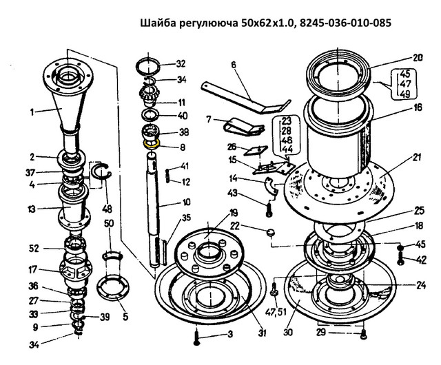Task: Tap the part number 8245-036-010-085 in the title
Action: point(345,23)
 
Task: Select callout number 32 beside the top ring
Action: point(181,64)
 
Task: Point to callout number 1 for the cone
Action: point(32,113)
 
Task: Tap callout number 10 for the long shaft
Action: point(186,202)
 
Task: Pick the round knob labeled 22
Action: point(271,233)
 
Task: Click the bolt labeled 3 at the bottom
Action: point(196,337)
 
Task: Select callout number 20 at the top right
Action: point(418,58)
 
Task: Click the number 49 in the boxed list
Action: point(405,94)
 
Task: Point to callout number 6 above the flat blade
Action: point(234,65)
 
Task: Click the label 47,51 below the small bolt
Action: point(276,311)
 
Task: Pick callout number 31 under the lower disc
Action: point(262,333)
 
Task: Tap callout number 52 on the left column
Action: point(34,249)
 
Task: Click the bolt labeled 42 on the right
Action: point(401,258)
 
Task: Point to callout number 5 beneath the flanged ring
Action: point(125,317)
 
